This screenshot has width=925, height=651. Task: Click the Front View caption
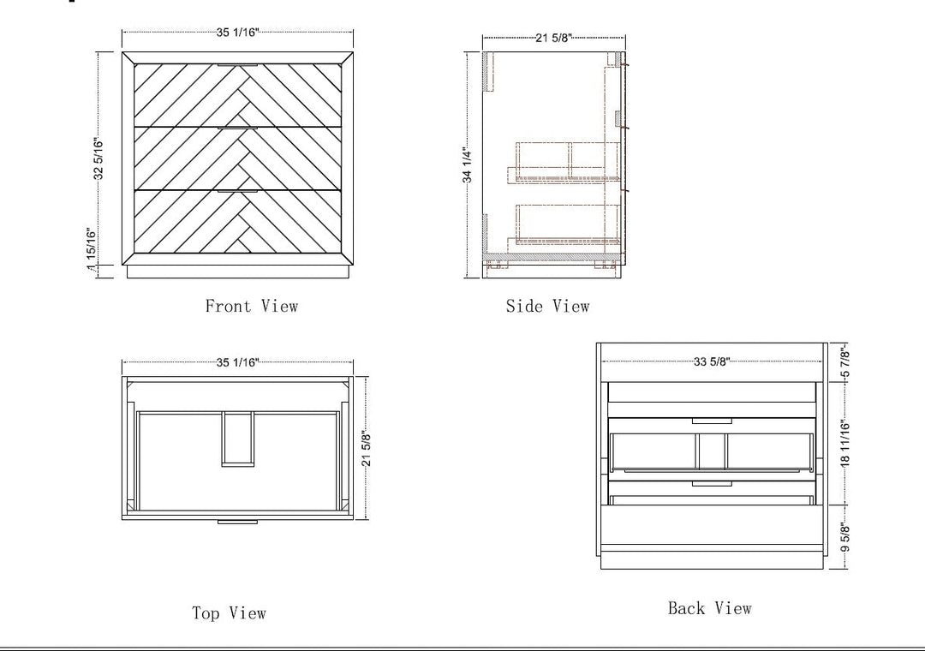click(x=251, y=306)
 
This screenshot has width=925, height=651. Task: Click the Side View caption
click(x=547, y=306)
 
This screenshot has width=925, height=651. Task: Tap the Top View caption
click(x=229, y=613)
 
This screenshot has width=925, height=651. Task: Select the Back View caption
click(x=710, y=608)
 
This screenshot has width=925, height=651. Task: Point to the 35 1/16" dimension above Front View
click(x=238, y=33)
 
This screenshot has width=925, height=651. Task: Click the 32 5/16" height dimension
click(x=98, y=158)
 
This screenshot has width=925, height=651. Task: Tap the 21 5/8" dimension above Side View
click(x=554, y=38)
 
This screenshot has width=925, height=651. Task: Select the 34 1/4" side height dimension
click(x=468, y=165)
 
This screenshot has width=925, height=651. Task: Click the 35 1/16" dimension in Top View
click(x=238, y=361)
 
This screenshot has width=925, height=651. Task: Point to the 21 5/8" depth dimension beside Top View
click(x=367, y=449)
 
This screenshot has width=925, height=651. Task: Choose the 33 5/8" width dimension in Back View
click(x=712, y=361)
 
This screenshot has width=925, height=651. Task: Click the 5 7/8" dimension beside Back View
click(x=845, y=364)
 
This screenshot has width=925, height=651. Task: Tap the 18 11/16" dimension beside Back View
click(x=845, y=444)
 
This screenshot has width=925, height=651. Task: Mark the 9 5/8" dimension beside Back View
click(x=845, y=537)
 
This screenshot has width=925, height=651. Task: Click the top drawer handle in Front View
click(x=238, y=65)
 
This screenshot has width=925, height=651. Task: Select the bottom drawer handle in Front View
click(x=238, y=191)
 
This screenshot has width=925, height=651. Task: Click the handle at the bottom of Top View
click(x=238, y=522)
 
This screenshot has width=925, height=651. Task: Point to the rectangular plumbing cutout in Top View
click(x=238, y=439)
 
